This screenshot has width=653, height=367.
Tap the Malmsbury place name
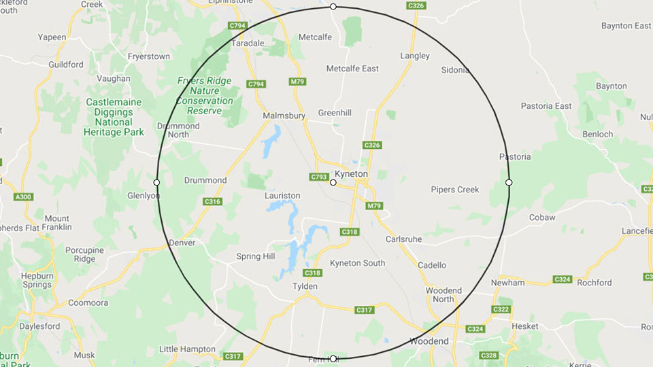[x=284, y=116]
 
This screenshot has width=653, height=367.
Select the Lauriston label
[x=282, y=196]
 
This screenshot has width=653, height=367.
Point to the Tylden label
[x=305, y=286]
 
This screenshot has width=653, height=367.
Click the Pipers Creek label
[x=454, y=190]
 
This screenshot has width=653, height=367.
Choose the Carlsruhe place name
[x=404, y=239]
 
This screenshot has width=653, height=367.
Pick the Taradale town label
[x=248, y=43]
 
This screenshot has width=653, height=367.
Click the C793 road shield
[x=319, y=177]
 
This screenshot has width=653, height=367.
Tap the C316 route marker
[x=213, y=202]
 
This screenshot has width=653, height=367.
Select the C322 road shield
[x=501, y=310]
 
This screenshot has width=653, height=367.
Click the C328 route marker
[x=488, y=355]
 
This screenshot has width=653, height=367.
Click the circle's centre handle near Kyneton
[x=333, y=182]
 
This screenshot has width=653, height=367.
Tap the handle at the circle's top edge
[x=333, y=7]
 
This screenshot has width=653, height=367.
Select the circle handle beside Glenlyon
[x=157, y=182]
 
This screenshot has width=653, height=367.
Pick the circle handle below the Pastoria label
[x=509, y=182]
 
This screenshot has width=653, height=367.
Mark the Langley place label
[x=415, y=56]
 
